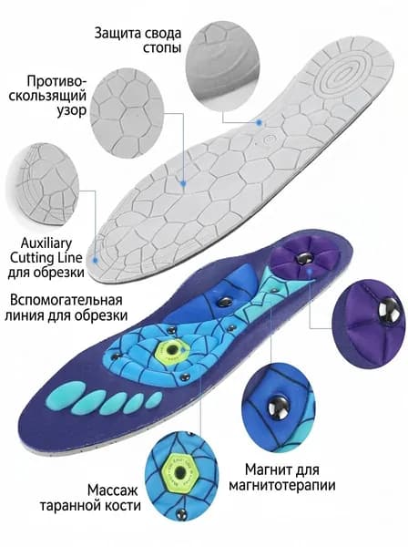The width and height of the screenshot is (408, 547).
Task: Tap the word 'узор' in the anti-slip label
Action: pos(71,110)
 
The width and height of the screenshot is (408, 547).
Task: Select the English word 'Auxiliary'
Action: pos(46,243)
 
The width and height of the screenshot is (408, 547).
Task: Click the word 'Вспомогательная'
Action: pos(66,300)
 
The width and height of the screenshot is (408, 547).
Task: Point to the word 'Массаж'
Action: pos(113,490)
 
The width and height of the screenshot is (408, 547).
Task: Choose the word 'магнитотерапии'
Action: pos(282,485)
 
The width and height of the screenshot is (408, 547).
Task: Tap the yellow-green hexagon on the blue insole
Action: pos(169,350)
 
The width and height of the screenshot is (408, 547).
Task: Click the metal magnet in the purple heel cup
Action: pos(302,259)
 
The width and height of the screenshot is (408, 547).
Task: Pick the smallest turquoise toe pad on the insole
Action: pos(154,397)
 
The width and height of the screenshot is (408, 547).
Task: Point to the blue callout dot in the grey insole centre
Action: pos(182,183)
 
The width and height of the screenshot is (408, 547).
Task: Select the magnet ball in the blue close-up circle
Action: pos(279,407)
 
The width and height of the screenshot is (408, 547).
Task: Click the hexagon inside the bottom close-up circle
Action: pos(180,473)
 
